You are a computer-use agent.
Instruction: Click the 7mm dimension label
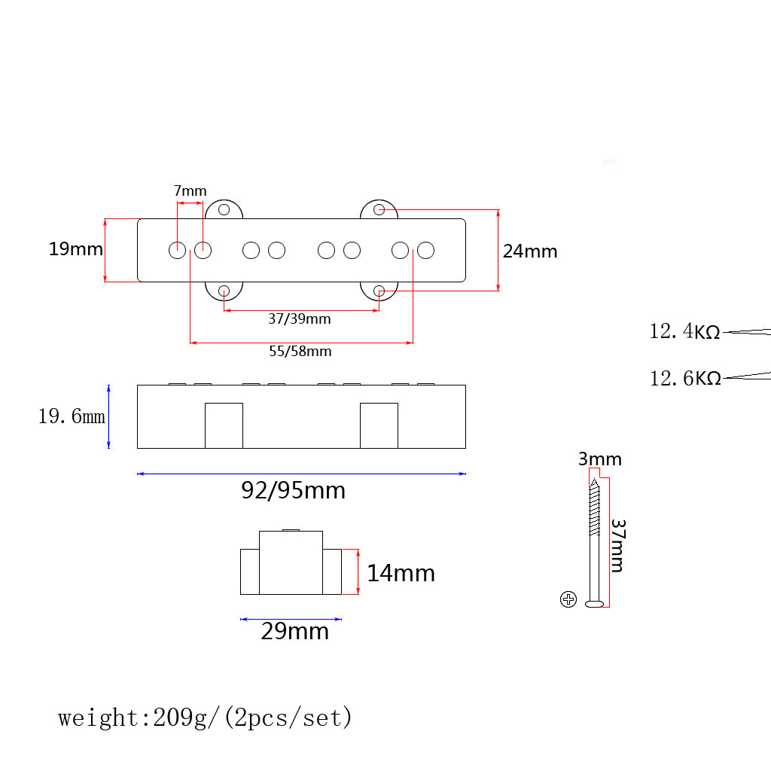click(190, 191)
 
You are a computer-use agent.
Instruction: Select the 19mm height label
click(75, 249)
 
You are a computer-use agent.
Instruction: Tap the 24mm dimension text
click(530, 251)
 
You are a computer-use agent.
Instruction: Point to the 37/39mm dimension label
click(300, 318)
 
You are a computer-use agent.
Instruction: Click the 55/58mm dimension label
click(300, 351)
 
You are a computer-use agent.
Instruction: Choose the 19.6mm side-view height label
click(72, 416)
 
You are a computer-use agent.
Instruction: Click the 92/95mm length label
click(293, 491)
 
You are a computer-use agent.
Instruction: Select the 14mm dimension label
click(401, 574)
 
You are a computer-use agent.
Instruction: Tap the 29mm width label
click(294, 631)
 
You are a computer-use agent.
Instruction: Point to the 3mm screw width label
click(599, 459)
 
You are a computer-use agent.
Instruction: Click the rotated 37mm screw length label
click(617, 545)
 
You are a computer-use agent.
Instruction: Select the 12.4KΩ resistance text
click(684, 331)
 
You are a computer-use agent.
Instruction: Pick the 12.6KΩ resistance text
click(684, 378)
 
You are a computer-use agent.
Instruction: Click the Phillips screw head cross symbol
click(568, 599)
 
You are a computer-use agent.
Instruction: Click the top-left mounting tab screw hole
click(224, 210)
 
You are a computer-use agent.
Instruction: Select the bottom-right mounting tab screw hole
click(379, 290)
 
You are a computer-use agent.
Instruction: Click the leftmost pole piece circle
click(177, 250)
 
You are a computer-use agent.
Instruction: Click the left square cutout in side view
click(224, 425)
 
